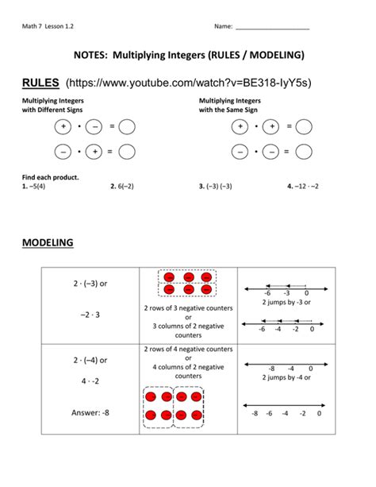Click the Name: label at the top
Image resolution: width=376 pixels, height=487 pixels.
click(x=223, y=27)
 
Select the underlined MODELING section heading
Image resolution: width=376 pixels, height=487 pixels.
click(x=48, y=242)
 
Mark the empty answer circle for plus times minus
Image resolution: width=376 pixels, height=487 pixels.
click(x=127, y=126)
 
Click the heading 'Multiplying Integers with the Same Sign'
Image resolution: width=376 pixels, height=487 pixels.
click(x=230, y=106)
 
